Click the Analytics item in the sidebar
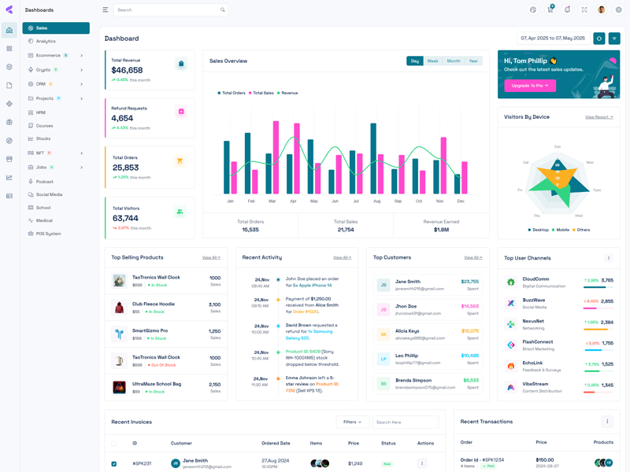point(46,41)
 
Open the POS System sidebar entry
point(48,234)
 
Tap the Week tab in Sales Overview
point(432,61)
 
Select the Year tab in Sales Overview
point(473,61)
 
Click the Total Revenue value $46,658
point(127,70)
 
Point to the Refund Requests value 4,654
point(122,118)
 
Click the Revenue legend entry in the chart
point(289,93)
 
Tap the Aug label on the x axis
point(376,201)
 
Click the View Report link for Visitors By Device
point(598,117)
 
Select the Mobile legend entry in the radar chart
point(562,230)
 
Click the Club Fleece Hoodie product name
point(153,304)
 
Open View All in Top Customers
point(472,257)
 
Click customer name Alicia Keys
point(407,331)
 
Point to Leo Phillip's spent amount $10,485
point(469,356)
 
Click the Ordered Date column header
point(276,443)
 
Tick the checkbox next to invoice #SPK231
point(114,464)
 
